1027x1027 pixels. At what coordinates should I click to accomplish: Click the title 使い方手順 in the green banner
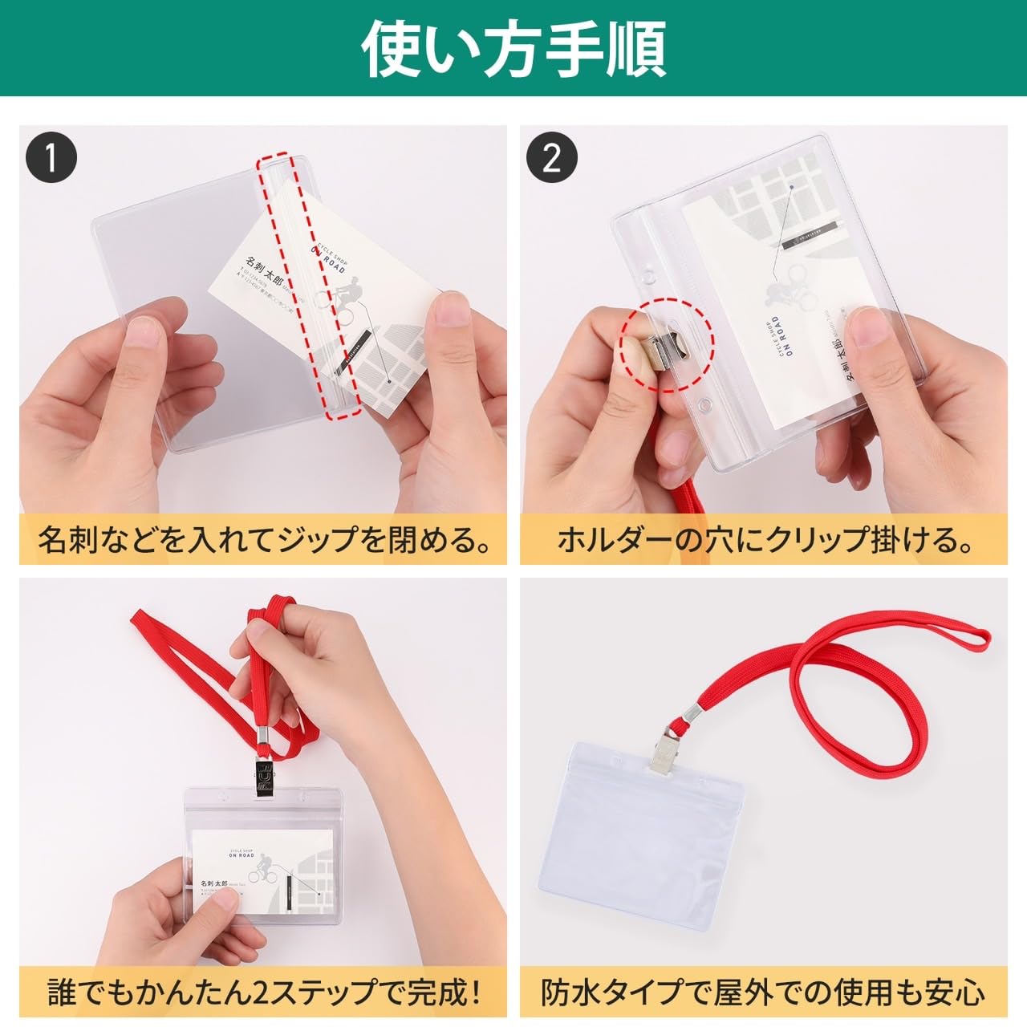coord(513,48)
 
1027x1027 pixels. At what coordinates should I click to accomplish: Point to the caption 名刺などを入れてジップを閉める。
coord(264,539)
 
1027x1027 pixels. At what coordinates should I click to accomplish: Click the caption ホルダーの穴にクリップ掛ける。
coord(764,539)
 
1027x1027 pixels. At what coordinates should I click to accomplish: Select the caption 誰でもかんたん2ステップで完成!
coord(264,992)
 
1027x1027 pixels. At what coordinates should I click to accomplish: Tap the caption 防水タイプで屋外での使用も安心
coord(764,992)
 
